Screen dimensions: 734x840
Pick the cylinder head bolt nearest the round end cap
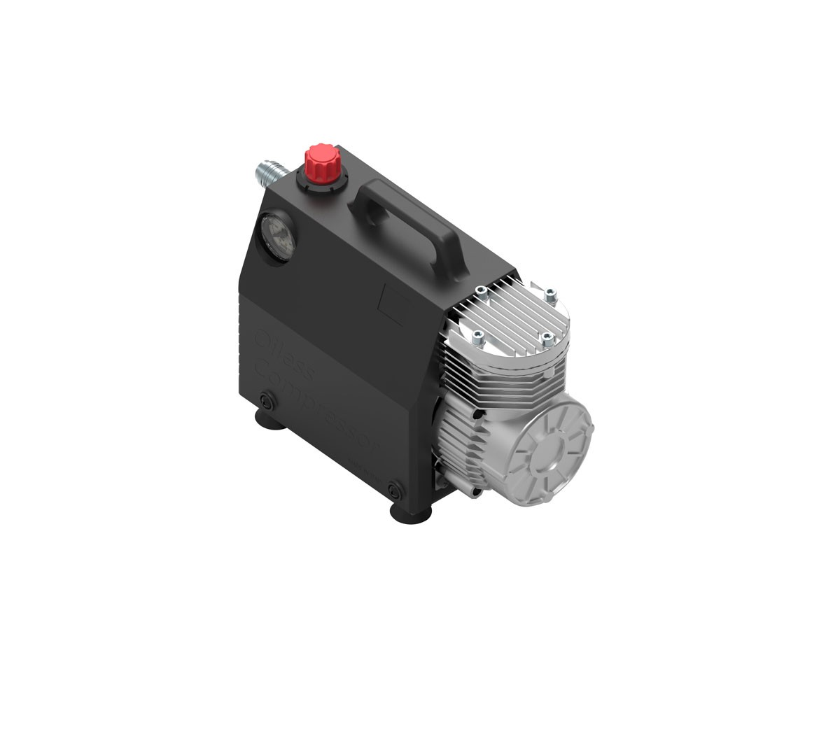[x=548, y=340]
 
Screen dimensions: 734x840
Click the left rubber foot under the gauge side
[x=267, y=423]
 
